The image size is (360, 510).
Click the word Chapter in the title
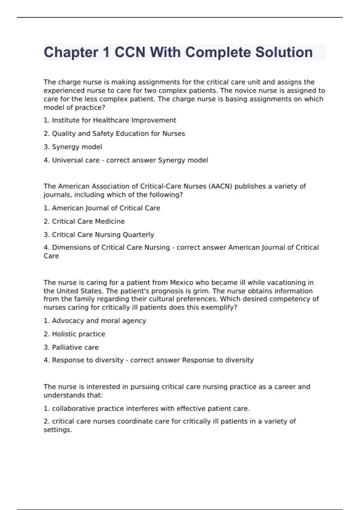[71, 52]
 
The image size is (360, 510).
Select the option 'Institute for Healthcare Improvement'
[114, 120]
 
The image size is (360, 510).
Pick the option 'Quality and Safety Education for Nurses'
[118, 133]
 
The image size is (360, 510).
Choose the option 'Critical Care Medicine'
[88, 221]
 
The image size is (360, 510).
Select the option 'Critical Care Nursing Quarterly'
[103, 235]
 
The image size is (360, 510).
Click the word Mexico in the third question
[181, 283]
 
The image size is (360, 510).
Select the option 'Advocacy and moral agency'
[99, 321]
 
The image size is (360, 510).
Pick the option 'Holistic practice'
[78, 334]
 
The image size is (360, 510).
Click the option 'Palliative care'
[75, 347]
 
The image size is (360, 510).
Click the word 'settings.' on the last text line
[58, 430]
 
